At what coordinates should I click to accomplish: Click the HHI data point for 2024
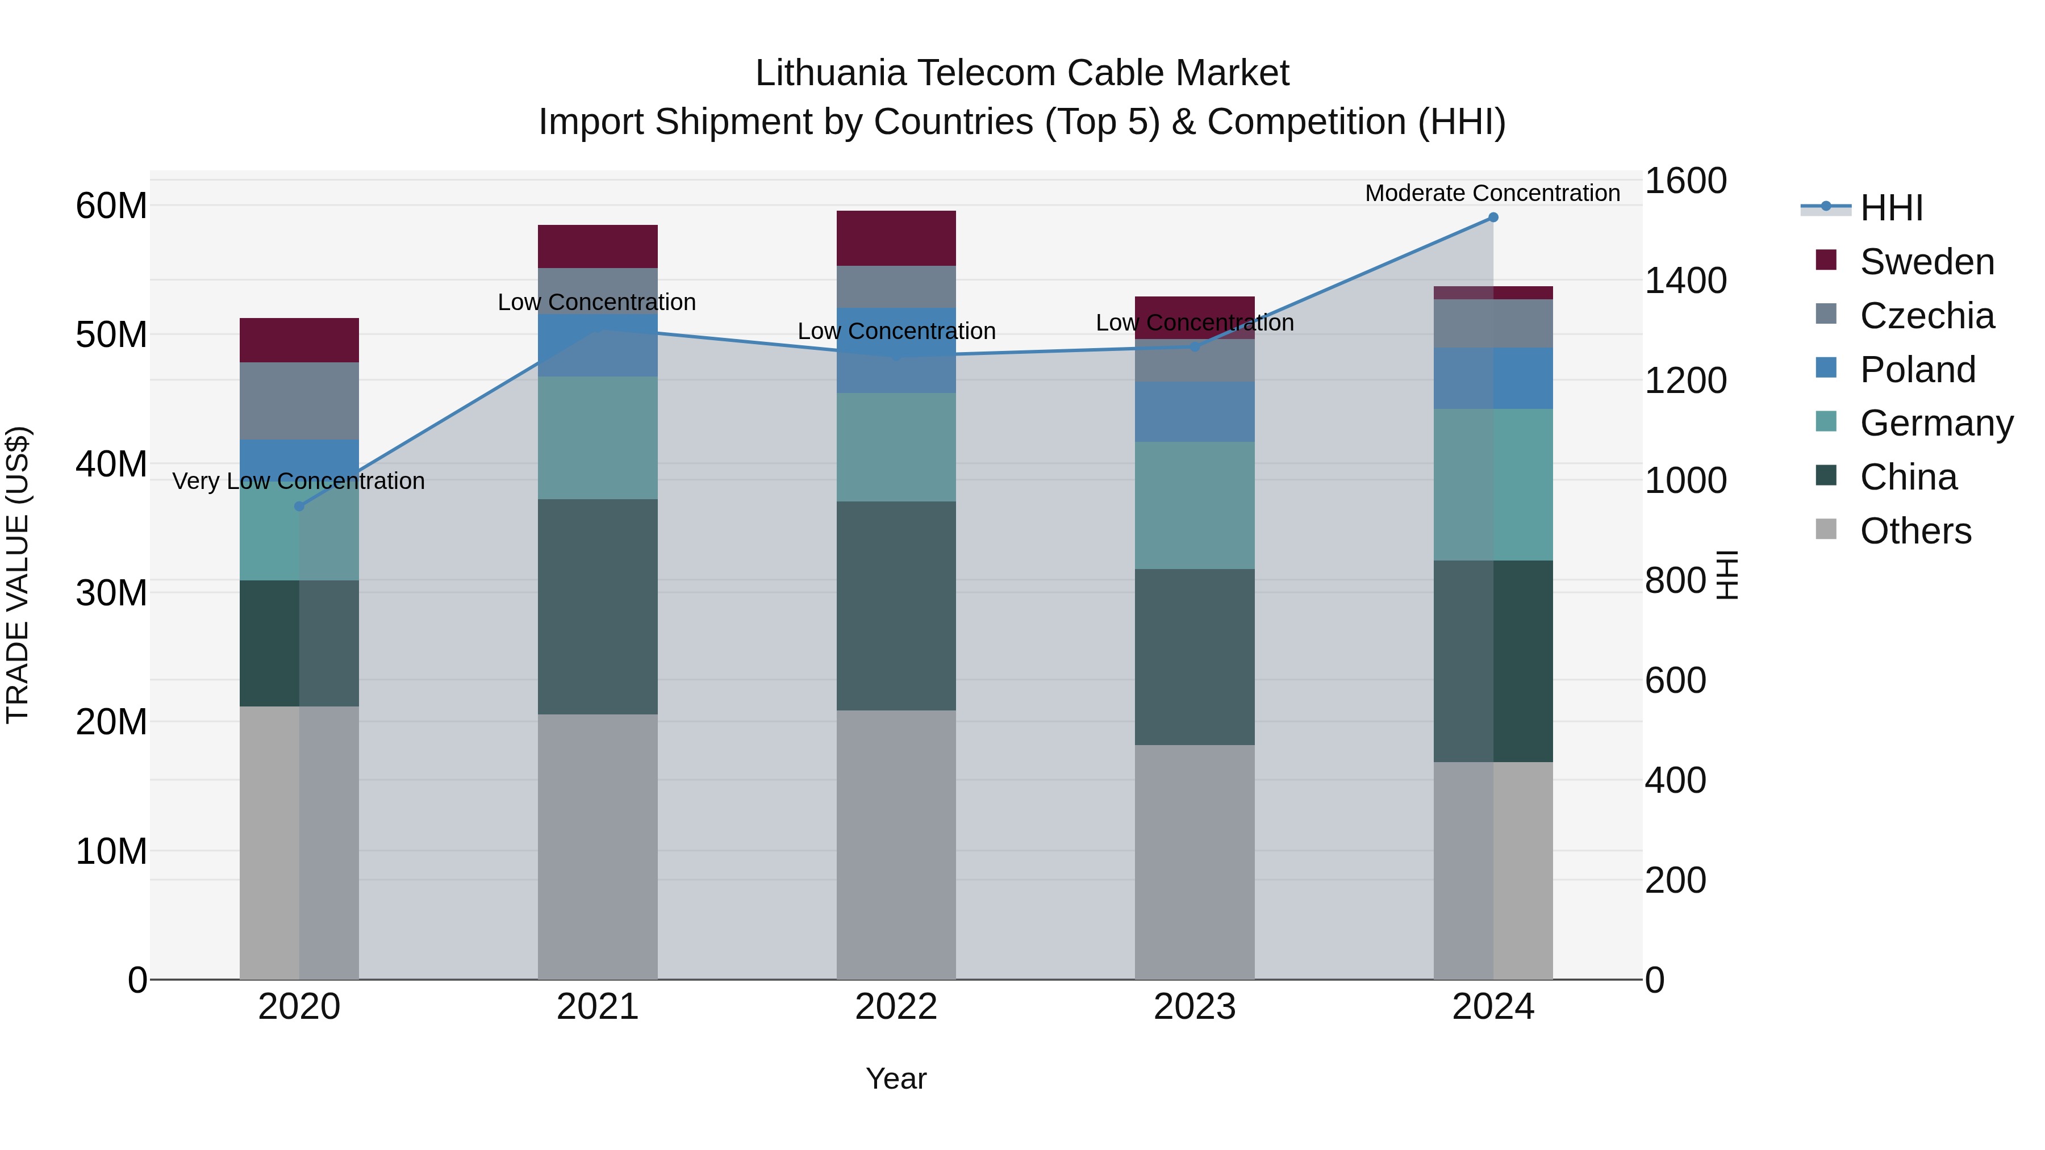point(1492,218)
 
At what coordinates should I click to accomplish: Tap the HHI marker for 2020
point(299,507)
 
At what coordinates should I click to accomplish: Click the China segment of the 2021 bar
point(597,607)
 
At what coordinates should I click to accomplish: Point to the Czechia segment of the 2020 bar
point(299,401)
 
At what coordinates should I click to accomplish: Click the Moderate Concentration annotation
point(1492,193)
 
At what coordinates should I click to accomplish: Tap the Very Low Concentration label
point(298,481)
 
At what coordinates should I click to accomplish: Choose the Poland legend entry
point(1917,370)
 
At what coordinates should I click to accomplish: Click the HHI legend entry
point(1891,208)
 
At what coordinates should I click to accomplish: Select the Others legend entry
point(1915,531)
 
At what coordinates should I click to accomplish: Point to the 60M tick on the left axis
point(111,206)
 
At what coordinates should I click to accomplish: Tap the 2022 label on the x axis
point(895,1007)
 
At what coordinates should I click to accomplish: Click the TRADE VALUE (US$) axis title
point(18,575)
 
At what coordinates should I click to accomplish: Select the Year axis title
point(895,1078)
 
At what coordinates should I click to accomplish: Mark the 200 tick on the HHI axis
point(1675,880)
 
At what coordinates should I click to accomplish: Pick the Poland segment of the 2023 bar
point(1194,412)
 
